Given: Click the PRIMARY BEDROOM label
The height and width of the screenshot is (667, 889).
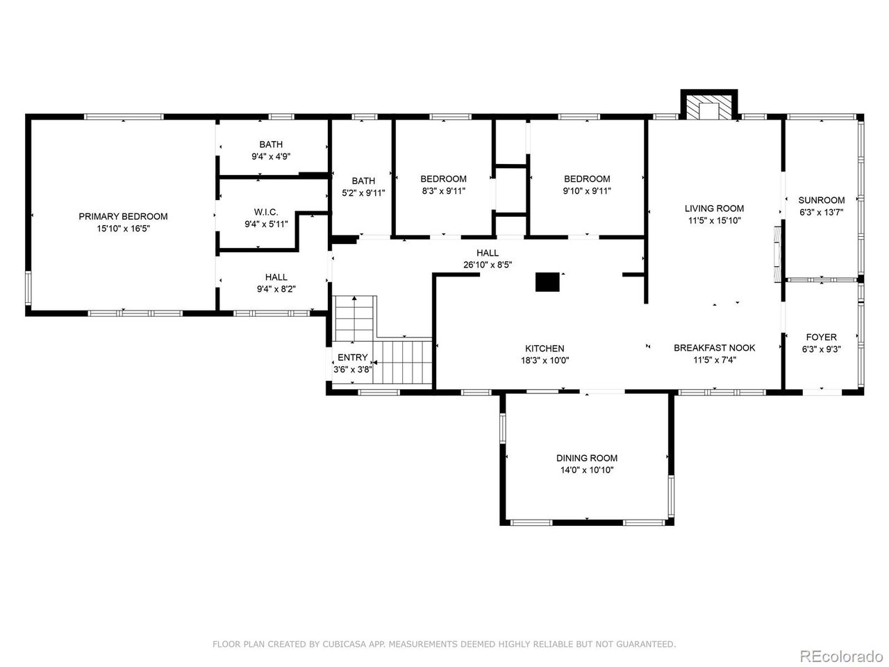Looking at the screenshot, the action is (x=123, y=216).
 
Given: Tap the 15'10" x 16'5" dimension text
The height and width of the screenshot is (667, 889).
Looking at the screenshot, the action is (x=123, y=229).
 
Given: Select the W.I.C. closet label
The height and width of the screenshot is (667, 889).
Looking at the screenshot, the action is (x=266, y=212).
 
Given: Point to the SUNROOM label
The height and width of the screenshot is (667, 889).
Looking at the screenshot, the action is (x=822, y=200).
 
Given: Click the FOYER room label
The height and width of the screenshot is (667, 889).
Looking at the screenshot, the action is (x=822, y=337).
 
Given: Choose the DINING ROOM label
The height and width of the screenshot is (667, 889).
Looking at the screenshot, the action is (x=587, y=458).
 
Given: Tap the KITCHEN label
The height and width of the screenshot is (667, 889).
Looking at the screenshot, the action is (x=545, y=348).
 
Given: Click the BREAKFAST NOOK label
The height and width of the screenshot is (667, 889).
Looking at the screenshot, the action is (x=715, y=347).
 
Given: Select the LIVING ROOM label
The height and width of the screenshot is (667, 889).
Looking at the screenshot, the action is (x=715, y=208).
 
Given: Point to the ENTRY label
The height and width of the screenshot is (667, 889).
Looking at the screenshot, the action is (x=353, y=357).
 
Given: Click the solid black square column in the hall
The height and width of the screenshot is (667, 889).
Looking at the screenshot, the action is (x=547, y=282).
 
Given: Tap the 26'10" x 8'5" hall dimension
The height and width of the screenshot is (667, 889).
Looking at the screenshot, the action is (x=488, y=265).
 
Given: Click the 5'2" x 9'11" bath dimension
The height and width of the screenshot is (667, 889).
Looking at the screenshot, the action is (x=363, y=192).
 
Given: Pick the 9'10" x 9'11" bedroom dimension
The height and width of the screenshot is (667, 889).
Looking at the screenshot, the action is (x=587, y=191).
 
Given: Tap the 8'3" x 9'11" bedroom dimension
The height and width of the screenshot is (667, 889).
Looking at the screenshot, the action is (x=444, y=191).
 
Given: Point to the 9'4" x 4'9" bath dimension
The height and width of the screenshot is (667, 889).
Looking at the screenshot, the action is (x=271, y=156).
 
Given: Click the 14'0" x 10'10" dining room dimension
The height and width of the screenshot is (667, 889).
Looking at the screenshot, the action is (x=587, y=470).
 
